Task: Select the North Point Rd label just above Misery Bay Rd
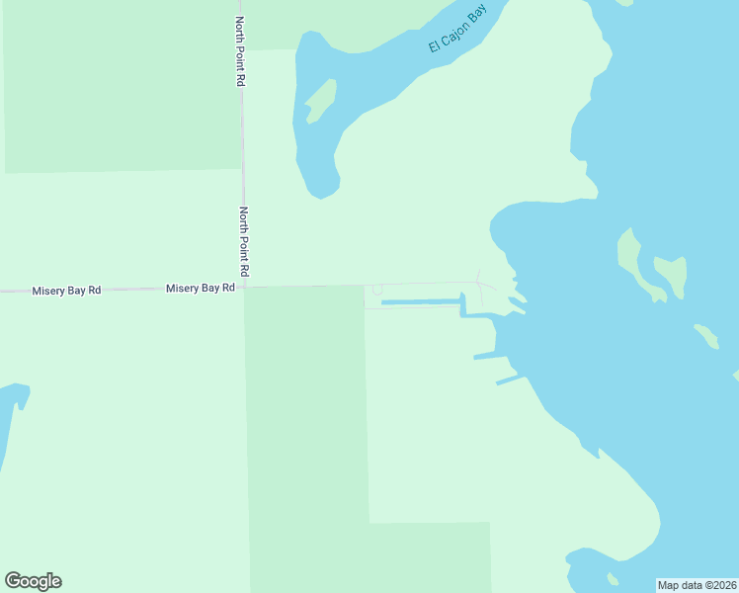(243, 241)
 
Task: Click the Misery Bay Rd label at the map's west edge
(66, 291)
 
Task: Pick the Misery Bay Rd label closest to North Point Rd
(201, 288)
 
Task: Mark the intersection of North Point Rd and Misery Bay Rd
(244, 288)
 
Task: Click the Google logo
(33, 581)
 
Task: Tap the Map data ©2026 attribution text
(697, 584)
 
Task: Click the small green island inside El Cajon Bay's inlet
(320, 101)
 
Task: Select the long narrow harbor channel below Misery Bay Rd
(420, 301)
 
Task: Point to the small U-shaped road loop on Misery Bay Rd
(376, 290)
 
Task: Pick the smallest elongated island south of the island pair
(706, 336)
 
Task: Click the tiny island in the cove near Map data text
(614, 578)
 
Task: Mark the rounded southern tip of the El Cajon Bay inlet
(323, 188)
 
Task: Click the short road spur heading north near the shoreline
(479, 275)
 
